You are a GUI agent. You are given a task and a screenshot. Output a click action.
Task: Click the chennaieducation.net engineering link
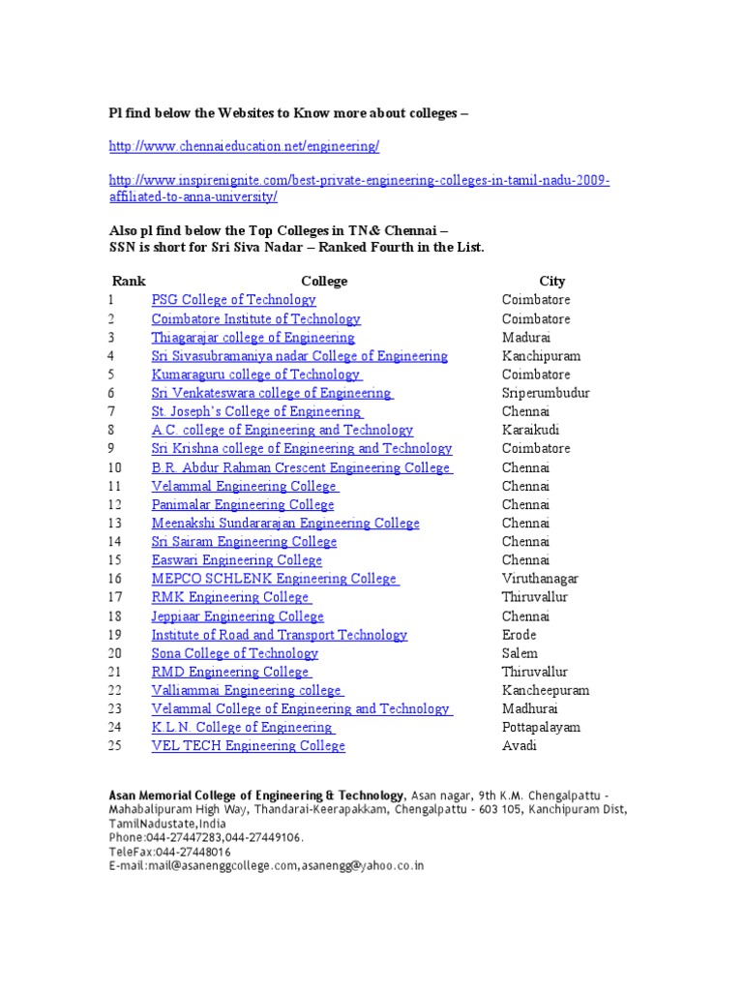(244, 146)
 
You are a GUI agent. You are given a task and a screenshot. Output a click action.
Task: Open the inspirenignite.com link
(359, 181)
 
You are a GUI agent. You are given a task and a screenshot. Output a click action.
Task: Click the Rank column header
(129, 281)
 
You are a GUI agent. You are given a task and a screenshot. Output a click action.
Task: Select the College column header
(324, 281)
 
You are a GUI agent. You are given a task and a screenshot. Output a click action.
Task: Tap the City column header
(552, 281)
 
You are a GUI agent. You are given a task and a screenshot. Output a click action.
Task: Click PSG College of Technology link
(233, 300)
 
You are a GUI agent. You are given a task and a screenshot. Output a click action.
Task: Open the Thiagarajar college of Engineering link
(253, 338)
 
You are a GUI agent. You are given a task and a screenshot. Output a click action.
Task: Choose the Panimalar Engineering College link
(243, 505)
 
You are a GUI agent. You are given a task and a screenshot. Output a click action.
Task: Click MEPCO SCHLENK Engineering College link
(274, 579)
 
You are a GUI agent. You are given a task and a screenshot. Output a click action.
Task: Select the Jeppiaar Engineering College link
(237, 616)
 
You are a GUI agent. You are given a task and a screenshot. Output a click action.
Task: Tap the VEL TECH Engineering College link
(248, 746)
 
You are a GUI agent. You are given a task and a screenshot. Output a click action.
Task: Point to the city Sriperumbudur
(546, 394)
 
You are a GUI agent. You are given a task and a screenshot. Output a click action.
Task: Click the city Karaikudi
(530, 431)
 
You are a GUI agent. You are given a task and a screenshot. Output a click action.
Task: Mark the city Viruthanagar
(540, 579)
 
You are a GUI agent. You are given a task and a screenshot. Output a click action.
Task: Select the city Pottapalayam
(540, 728)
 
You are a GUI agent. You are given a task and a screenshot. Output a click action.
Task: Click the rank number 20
(116, 653)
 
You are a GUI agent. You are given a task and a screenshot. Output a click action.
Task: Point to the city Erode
(519, 635)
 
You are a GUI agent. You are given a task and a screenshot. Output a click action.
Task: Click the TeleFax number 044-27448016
(191, 852)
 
